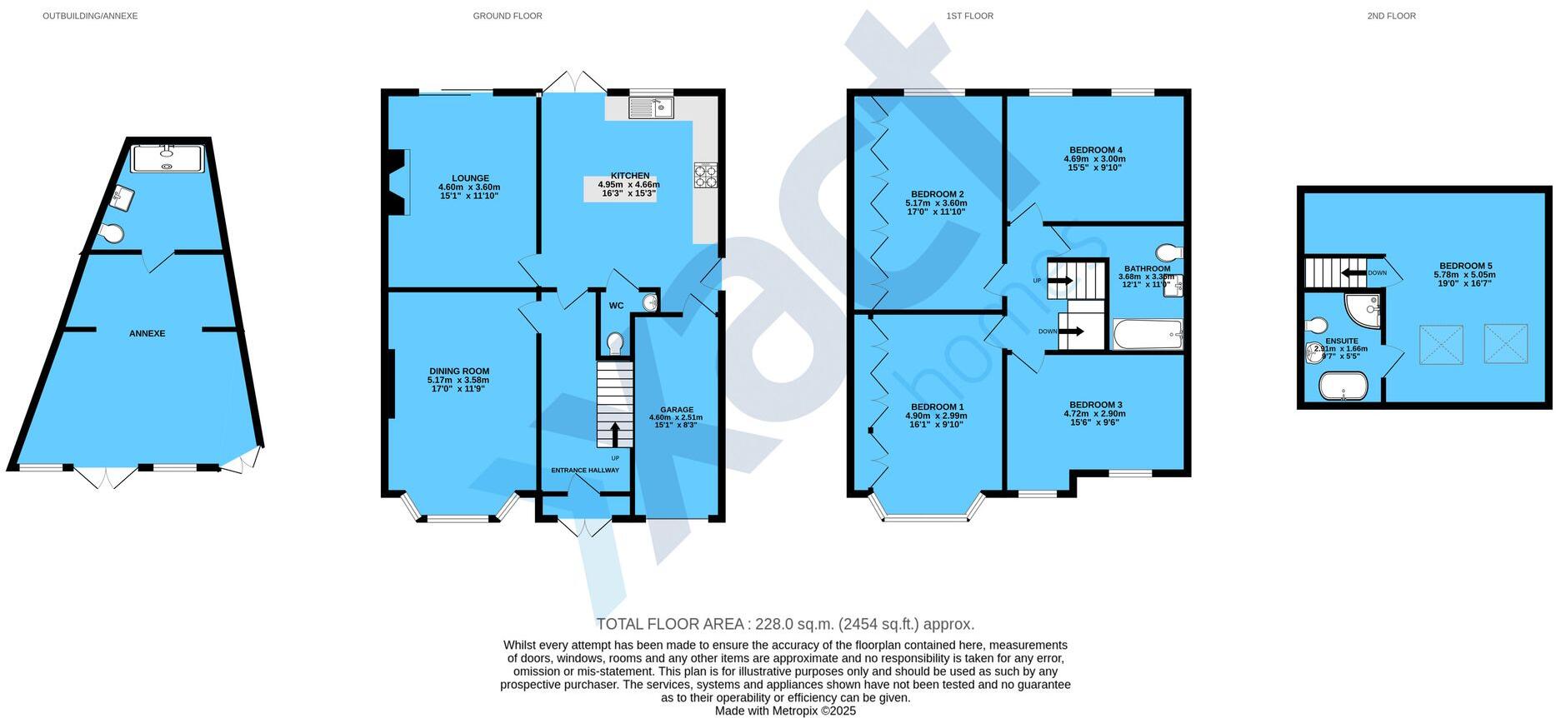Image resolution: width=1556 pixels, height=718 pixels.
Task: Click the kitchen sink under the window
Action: pyautogui.click(x=650, y=108)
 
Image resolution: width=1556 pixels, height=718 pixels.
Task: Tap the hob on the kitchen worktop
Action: pyautogui.click(x=706, y=176)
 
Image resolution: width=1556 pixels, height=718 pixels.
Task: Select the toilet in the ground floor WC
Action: pyautogui.click(x=615, y=342)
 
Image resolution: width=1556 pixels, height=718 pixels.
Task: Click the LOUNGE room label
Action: pyautogui.click(x=470, y=178)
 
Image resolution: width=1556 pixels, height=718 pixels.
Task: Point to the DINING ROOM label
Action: pyautogui.click(x=459, y=371)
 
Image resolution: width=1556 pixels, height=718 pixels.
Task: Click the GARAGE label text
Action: pyautogui.click(x=677, y=410)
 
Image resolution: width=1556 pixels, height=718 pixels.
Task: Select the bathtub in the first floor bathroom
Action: pyautogui.click(x=1148, y=335)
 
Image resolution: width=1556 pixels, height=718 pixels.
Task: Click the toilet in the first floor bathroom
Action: pyautogui.click(x=1168, y=252)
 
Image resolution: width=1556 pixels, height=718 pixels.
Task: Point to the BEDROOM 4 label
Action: pyautogui.click(x=1094, y=150)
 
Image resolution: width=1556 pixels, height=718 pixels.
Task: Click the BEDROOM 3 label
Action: pyautogui.click(x=1094, y=404)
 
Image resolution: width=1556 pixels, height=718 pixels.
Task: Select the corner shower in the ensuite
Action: pyautogui.click(x=1364, y=309)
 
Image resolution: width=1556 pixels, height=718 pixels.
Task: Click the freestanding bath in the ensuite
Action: pyautogui.click(x=1343, y=386)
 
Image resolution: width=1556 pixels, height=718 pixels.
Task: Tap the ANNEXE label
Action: pyautogui.click(x=147, y=333)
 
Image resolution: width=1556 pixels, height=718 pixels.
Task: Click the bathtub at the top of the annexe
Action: pyautogui.click(x=168, y=158)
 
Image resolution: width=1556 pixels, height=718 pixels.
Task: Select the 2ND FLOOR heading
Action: pyautogui.click(x=1391, y=16)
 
